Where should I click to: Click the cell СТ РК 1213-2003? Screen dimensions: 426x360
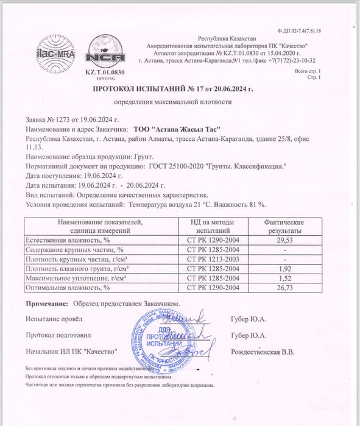211,259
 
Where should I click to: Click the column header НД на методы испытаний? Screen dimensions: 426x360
211,228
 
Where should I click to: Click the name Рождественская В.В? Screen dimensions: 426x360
263,352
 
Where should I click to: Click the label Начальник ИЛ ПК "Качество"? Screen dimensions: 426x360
71,352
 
